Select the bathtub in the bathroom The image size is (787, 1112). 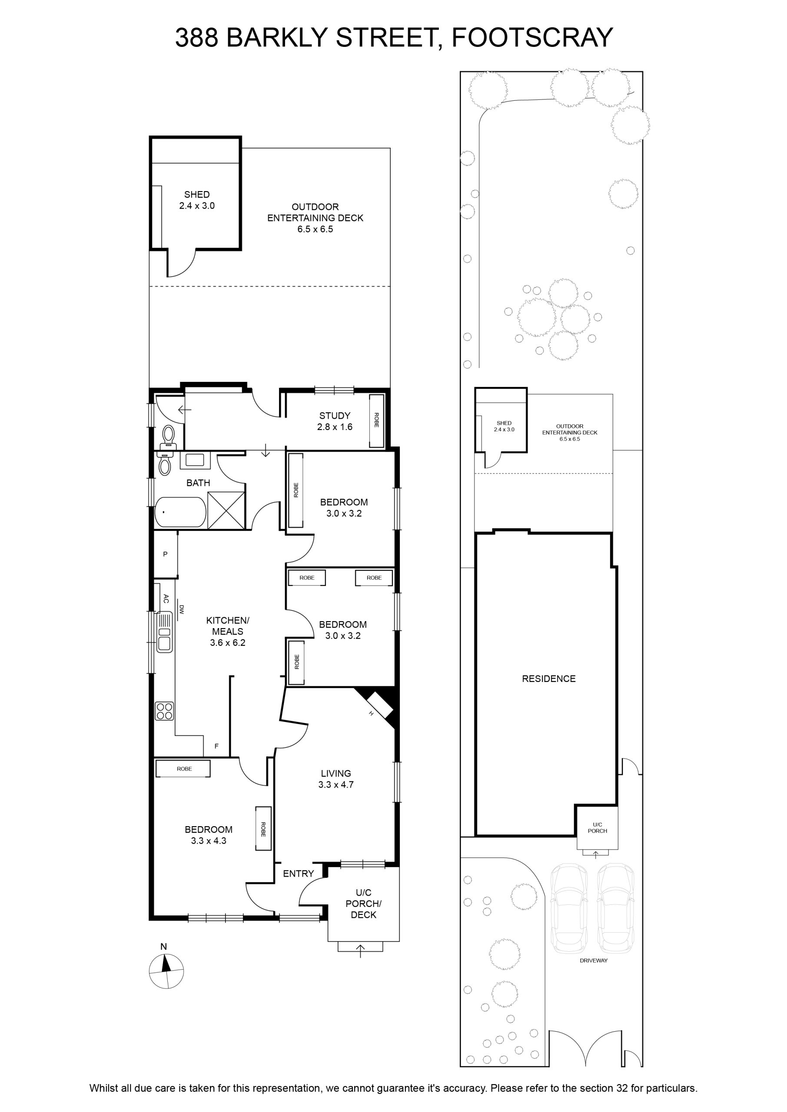(x=180, y=511)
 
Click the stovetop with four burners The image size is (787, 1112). (x=164, y=711)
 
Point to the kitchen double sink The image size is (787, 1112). (x=165, y=632)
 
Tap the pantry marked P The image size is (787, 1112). (x=166, y=554)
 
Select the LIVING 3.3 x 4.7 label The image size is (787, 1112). (x=336, y=779)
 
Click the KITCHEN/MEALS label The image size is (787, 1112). (x=228, y=626)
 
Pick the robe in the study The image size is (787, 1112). (x=376, y=420)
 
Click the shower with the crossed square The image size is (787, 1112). (x=226, y=510)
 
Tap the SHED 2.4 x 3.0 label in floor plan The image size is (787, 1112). (x=197, y=200)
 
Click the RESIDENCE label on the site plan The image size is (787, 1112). (x=548, y=678)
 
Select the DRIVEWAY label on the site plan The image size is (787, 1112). (x=594, y=960)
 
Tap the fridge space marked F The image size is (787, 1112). (x=216, y=746)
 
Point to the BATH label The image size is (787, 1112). (x=198, y=483)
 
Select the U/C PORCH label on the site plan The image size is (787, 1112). (x=598, y=828)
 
